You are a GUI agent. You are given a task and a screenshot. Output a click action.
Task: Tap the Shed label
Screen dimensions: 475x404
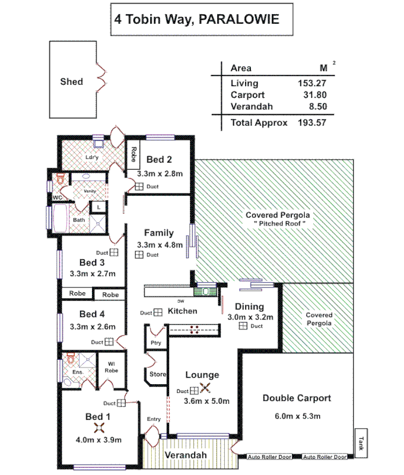pyautogui.click(x=72, y=81)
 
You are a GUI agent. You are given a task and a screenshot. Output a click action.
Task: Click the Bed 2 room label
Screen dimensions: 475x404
pyautogui.click(x=159, y=159)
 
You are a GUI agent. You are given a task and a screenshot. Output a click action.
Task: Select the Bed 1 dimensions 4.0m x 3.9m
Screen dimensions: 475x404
pyautogui.click(x=98, y=440)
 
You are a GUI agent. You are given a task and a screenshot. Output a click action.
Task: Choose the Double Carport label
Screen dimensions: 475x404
pyautogui.click(x=297, y=398)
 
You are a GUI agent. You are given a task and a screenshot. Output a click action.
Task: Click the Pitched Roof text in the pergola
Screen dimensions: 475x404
pyautogui.click(x=278, y=224)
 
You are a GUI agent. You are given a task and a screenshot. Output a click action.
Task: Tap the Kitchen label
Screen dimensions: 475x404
pyautogui.click(x=183, y=311)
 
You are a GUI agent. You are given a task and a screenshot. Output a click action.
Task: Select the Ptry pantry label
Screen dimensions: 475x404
pyautogui.click(x=155, y=343)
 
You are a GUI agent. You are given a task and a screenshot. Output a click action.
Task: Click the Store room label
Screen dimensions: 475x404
pyautogui.click(x=157, y=374)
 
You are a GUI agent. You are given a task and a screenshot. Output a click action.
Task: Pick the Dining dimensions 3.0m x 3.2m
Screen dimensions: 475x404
pyautogui.click(x=250, y=318)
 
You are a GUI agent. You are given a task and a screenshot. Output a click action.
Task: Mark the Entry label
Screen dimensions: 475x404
pyautogui.click(x=154, y=419)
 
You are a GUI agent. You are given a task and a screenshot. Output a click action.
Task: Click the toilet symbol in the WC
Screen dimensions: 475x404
pyautogui.click(x=60, y=178)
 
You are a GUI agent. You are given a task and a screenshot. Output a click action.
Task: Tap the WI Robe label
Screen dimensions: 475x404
pyautogui.click(x=111, y=367)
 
